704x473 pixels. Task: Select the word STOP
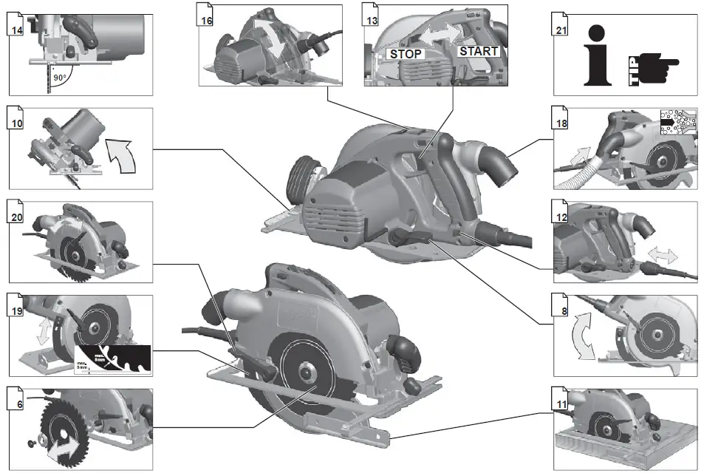(x=406, y=54)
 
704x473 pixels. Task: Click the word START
(x=479, y=51)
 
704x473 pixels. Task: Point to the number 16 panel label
(x=206, y=20)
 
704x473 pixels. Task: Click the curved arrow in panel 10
(x=122, y=154)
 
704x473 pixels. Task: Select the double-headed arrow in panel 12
(x=662, y=255)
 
